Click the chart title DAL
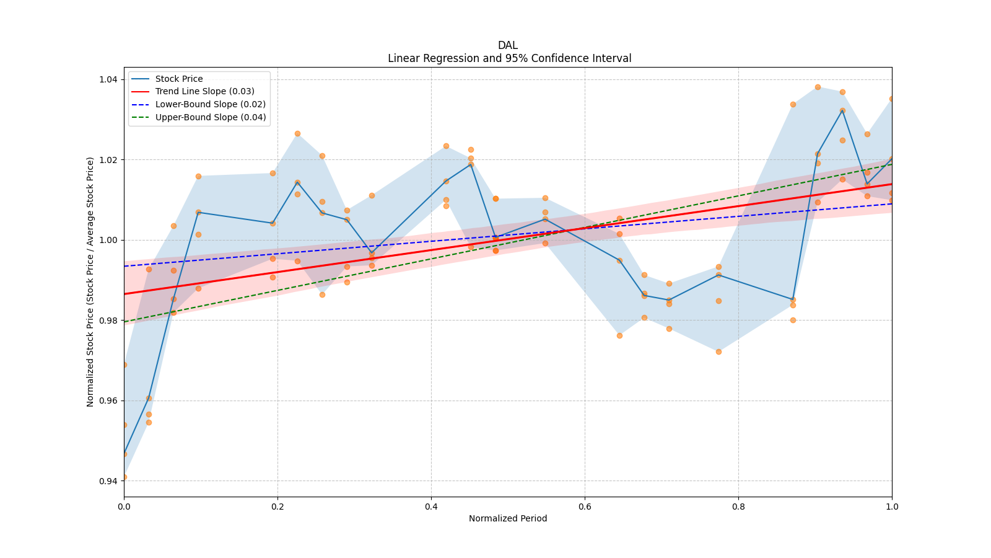pyautogui.click(x=507, y=45)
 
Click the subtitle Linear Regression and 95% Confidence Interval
pyautogui.click(x=509, y=58)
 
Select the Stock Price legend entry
pyautogui.click(x=179, y=79)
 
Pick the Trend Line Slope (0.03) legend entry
pyautogui.click(x=204, y=92)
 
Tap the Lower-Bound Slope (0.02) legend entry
pyautogui.click(x=210, y=105)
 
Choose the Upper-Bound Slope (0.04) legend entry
pyautogui.click(x=211, y=118)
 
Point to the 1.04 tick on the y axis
pyautogui.click(x=110, y=79)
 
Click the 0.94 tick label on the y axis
pyautogui.click(x=110, y=481)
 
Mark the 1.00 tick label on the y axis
pyautogui.click(x=110, y=240)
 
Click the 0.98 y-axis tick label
pyautogui.click(x=110, y=321)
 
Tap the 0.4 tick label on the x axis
pyautogui.click(x=431, y=507)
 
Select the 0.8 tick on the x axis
pyautogui.click(x=738, y=507)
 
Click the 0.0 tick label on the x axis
pyautogui.click(x=124, y=507)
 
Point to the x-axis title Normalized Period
pyautogui.click(x=508, y=518)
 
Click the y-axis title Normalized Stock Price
pyautogui.click(x=90, y=281)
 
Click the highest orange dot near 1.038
pyautogui.click(x=818, y=87)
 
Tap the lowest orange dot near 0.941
pyautogui.click(x=124, y=477)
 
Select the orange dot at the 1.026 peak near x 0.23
pyautogui.click(x=297, y=133)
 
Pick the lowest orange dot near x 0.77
pyautogui.click(x=718, y=352)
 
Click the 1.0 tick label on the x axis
pyautogui.click(x=892, y=507)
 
